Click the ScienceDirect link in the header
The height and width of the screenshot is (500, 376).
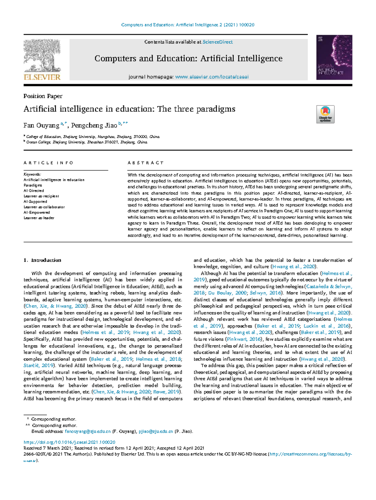click(x=217, y=42)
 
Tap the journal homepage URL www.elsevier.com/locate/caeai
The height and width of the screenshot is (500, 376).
click(x=212, y=77)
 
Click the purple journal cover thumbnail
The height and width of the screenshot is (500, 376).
click(x=334, y=57)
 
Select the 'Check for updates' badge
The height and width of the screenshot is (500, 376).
click(x=325, y=114)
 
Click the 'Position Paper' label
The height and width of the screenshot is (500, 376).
click(x=43, y=96)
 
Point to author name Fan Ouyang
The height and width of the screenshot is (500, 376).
click(x=41, y=125)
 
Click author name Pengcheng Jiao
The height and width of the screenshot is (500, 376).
click(x=94, y=125)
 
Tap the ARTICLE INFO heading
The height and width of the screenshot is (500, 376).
click(x=48, y=163)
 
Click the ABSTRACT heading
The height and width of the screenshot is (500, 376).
click(x=145, y=163)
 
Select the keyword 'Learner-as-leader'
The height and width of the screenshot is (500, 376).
click(x=39, y=218)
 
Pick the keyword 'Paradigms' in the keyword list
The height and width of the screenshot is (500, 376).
click(x=33, y=185)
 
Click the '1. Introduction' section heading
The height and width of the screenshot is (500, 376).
click(x=42, y=260)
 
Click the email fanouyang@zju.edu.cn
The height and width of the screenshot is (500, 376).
click(x=88, y=432)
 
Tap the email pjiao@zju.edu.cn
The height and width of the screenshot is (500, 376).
click(x=156, y=432)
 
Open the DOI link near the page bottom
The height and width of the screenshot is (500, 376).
click(x=70, y=442)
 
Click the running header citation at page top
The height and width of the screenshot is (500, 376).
click(x=188, y=25)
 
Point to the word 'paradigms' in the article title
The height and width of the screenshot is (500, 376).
click(x=215, y=109)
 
